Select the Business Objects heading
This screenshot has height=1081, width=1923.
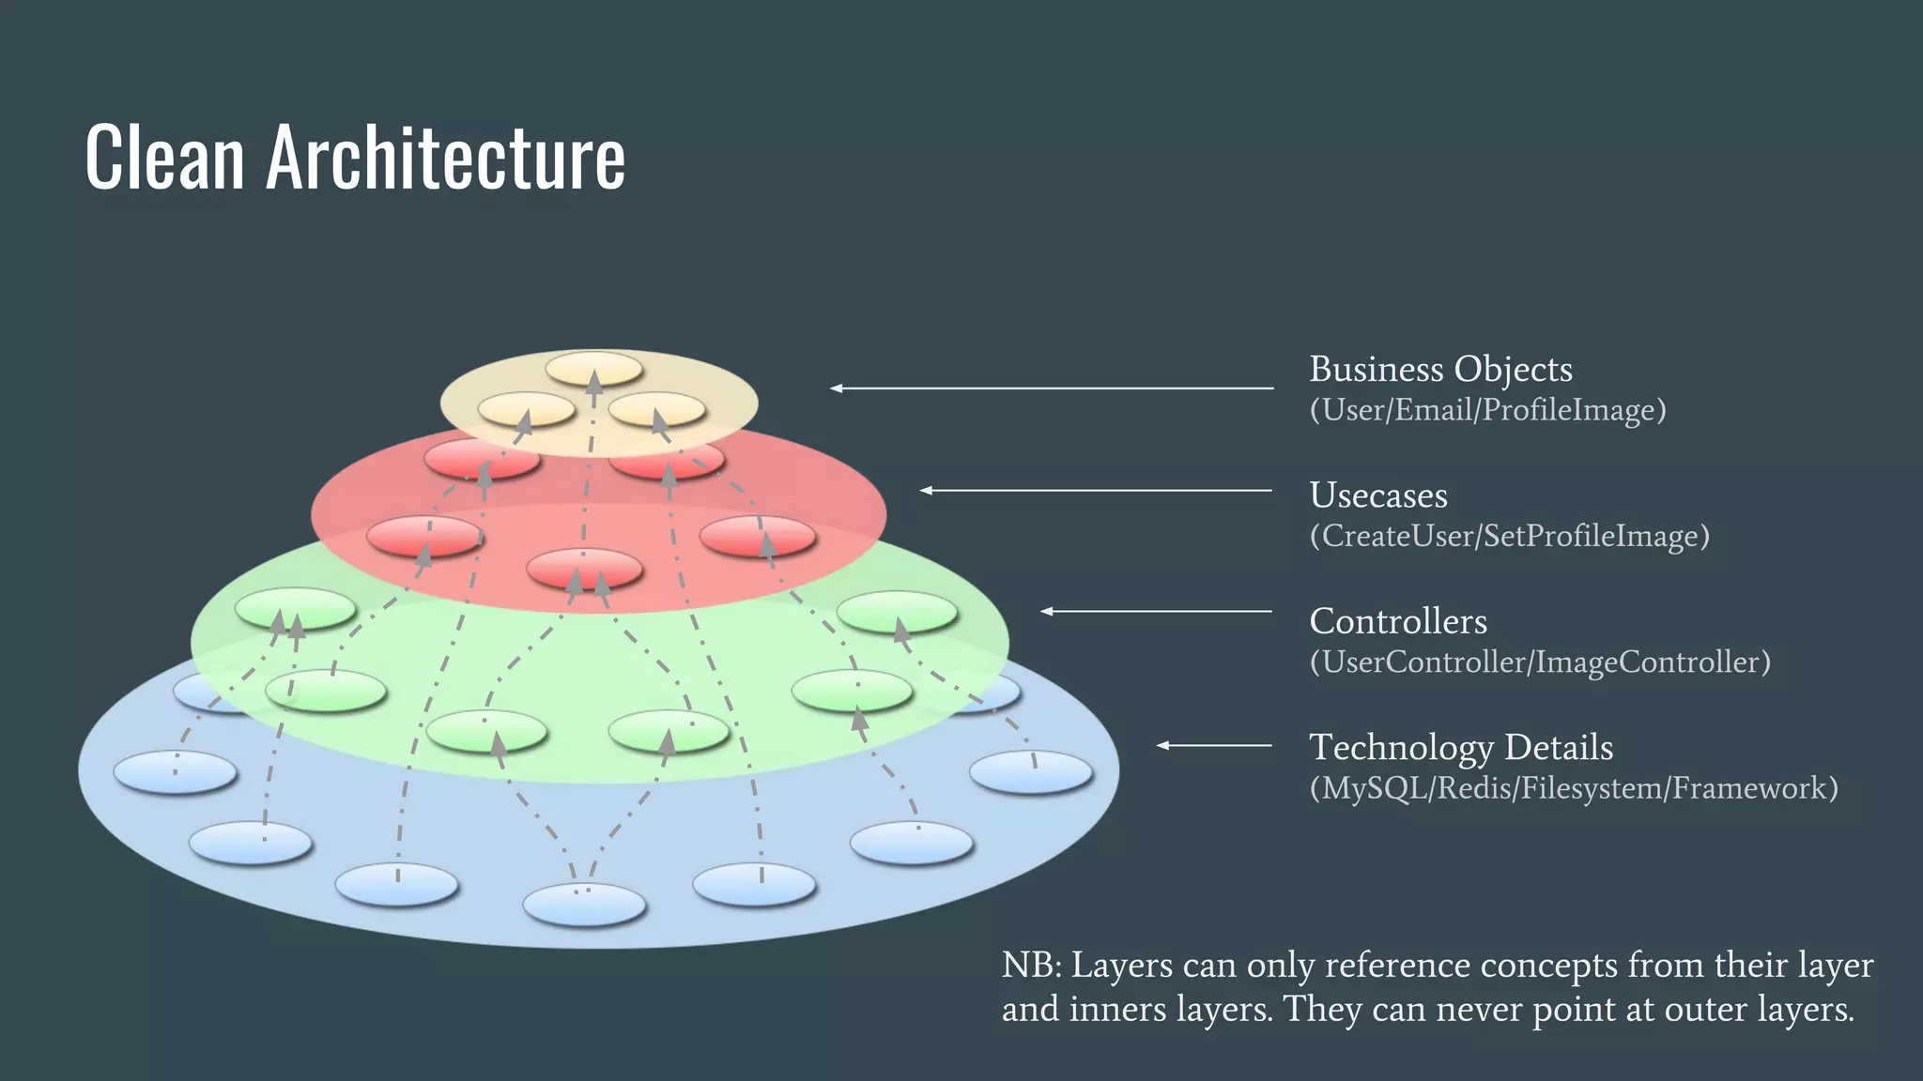coord(1440,370)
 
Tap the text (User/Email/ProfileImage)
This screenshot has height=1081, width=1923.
coord(1487,410)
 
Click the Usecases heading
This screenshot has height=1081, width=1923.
coord(1377,495)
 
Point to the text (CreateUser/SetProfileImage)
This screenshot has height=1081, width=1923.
coord(1509,536)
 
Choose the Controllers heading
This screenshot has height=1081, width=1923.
coord(1397,621)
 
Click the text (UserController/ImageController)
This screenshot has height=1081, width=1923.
coord(1540,662)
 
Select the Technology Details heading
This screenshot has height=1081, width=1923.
coord(1460,748)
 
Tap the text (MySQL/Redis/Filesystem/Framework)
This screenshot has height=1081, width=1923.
coord(1574,788)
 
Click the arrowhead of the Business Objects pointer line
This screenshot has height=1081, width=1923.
coord(836,388)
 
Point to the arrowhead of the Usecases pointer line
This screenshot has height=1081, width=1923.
coord(926,490)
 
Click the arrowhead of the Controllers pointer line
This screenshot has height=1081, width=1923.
coord(1046,611)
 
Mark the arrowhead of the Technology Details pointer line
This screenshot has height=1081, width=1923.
coord(1162,745)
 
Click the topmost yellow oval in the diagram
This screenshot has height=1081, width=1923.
coord(593,368)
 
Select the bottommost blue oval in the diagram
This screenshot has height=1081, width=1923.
coord(584,906)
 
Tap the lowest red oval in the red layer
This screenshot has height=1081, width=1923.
coord(584,569)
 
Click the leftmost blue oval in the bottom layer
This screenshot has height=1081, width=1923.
coord(175,773)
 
